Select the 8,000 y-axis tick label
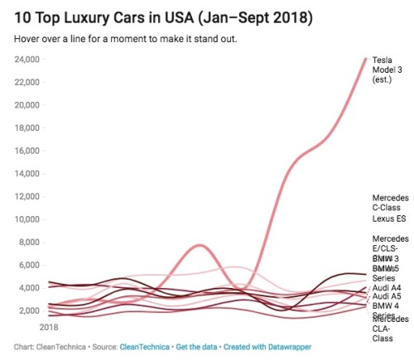(x=31, y=242)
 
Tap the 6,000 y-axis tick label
(x=31, y=266)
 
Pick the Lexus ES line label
(x=388, y=219)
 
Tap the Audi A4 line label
(x=386, y=288)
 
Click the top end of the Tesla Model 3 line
(x=365, y=60)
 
